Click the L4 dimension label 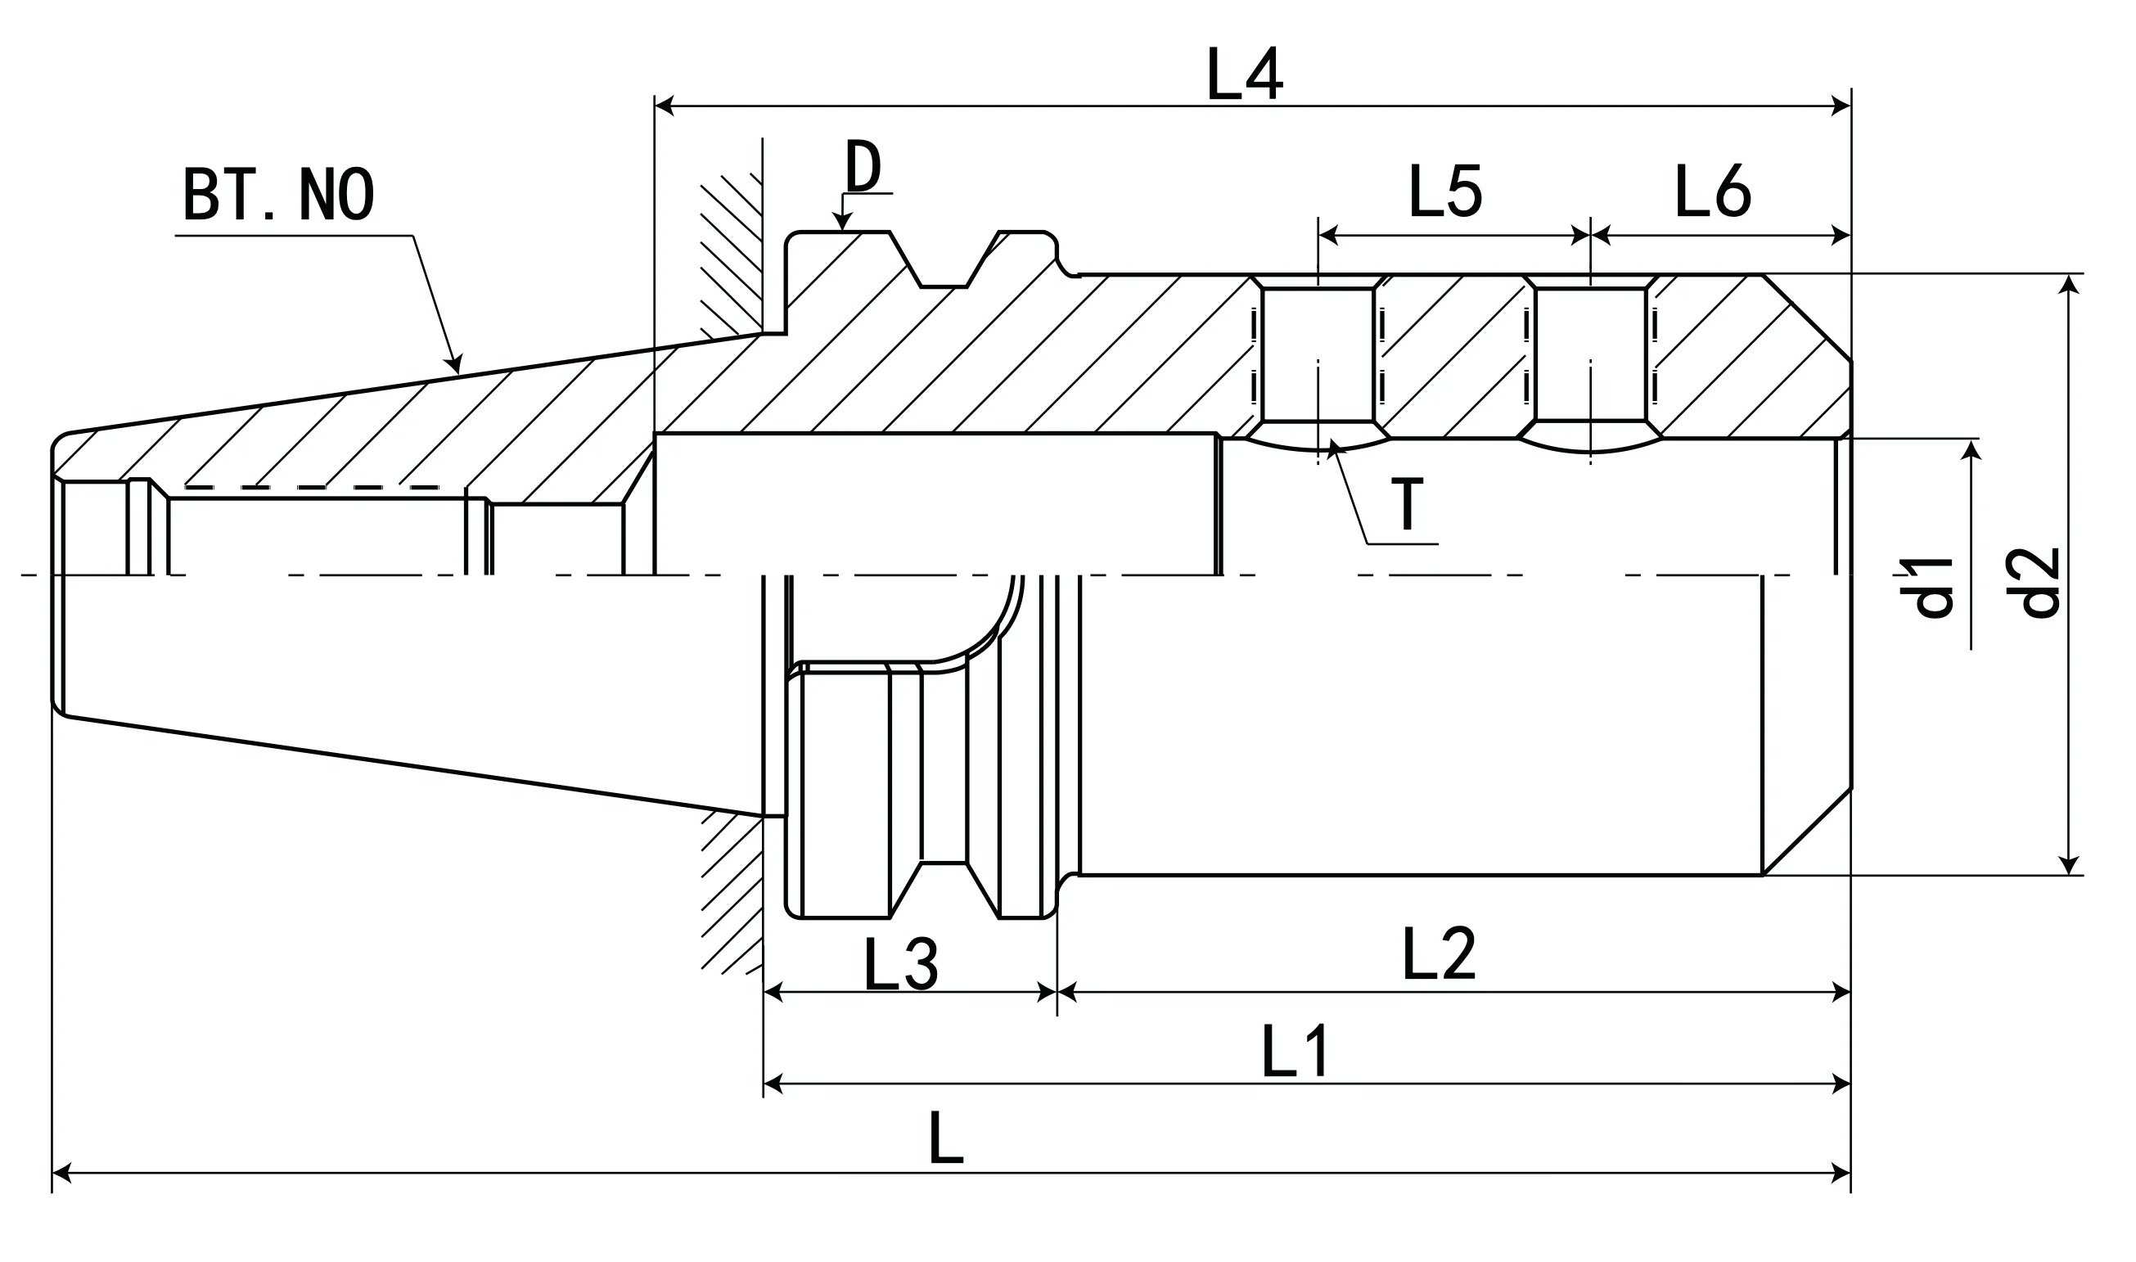1244,74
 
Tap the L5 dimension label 1445,191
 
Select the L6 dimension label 1713,191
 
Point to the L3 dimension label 900,964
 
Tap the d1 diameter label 1926,587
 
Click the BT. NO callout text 278,195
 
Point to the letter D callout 863,167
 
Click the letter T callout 1408,504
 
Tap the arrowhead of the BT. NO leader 457,364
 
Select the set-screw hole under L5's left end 1317,354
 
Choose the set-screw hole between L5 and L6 1590,354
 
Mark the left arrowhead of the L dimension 61,1175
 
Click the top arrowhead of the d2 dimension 2069,284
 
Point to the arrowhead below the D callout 842,223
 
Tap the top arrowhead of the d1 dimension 1971,450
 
